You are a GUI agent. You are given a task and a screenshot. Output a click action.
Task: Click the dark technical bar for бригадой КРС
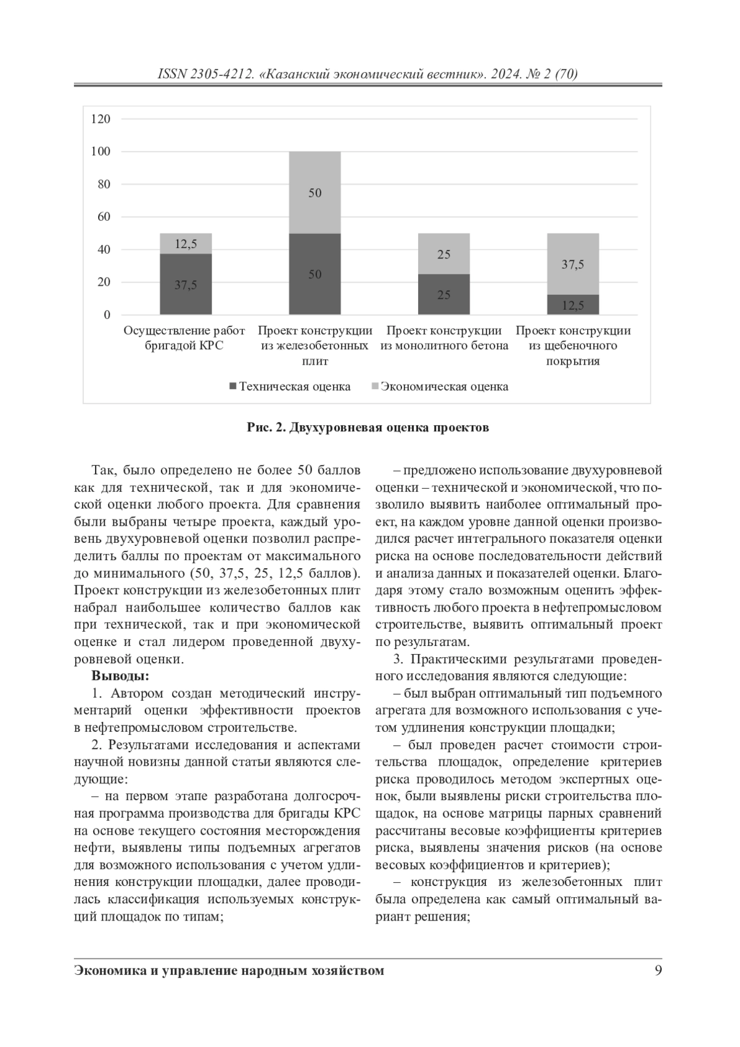coord(186,284)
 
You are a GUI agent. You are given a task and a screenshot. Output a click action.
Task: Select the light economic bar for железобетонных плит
coord(314,192)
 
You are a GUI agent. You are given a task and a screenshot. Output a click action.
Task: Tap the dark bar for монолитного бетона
coord(443,294)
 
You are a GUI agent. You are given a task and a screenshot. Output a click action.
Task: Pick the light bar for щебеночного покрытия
coord(573,264)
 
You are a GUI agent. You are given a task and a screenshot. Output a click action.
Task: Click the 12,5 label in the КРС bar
coord(186,244)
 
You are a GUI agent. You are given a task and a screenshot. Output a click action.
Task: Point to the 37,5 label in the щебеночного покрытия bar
coord(573,265)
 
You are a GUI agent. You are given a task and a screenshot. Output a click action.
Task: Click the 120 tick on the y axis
coord(101,119)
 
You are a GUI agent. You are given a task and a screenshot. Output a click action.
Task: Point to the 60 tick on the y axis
coord(103,217)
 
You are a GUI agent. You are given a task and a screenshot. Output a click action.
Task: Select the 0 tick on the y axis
coord(107,315)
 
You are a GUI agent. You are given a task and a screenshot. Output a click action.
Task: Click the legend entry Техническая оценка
coord(289,387)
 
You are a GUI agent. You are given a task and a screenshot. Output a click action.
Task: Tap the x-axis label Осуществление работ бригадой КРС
coord(184,338)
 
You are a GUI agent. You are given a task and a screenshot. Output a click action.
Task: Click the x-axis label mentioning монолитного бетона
coord(444,338)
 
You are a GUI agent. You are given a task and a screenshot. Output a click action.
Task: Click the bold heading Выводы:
coord(120,676)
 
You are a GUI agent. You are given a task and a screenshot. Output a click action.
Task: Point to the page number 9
coord(658,970)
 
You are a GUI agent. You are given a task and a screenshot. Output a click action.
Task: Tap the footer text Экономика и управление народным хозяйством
coord(229,970)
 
